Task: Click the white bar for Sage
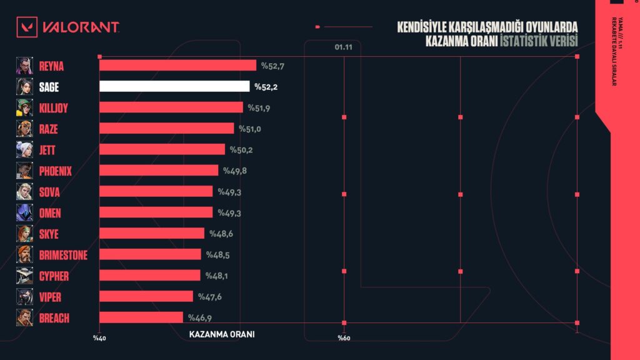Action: tap(174, 86)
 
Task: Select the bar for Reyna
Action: tap(177, 65)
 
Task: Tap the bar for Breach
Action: tap(141, 317)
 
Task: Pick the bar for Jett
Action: tap(162, 149)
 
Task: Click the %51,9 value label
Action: tap(259, 107)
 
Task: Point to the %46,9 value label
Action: tap(200, 317)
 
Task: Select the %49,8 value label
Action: tap(235, 171)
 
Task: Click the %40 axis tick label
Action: tap(100, 338)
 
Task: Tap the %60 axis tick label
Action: tap(344, 338)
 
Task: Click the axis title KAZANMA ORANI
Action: tap(221, 334)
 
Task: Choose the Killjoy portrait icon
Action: tap(24, 107)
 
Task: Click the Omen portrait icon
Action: tap(24, 212)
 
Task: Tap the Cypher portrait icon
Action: tap(24, 276)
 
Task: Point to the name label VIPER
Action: tap(50, 297)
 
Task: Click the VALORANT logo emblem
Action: tap(28, 27)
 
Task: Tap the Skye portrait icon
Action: tap(24, 234)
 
